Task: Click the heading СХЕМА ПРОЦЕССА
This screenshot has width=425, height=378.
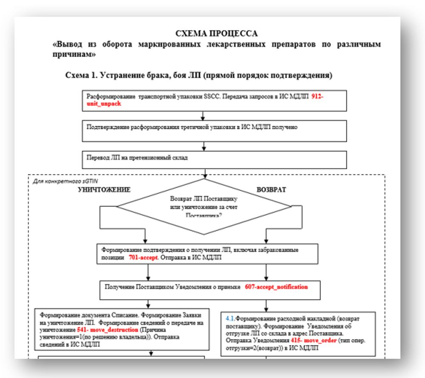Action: (216, 34)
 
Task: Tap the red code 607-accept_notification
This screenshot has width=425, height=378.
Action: (276, 287)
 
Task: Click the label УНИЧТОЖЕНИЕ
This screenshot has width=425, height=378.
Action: (104, 190)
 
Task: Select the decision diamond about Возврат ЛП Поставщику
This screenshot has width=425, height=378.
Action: (204, 206)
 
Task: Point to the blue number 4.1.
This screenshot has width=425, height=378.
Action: (230, 318)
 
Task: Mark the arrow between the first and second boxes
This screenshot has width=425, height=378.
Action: (204, 115)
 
